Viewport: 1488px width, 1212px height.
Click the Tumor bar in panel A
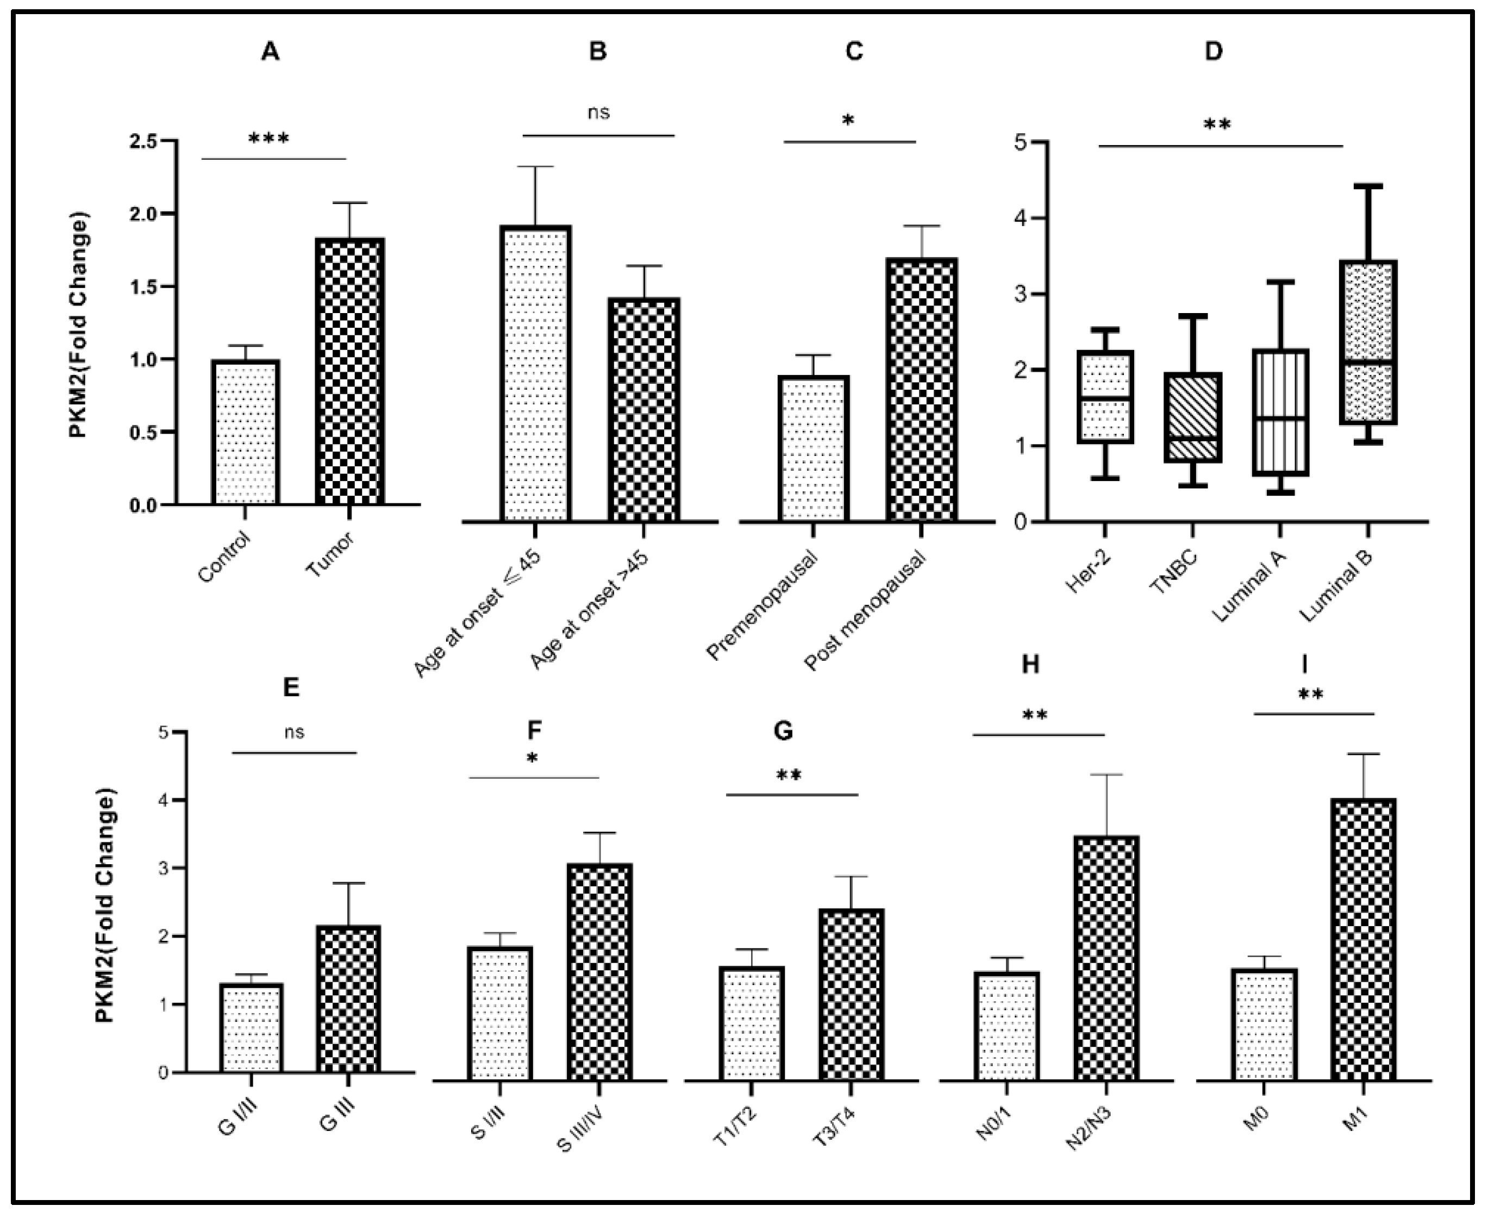coord(349,371)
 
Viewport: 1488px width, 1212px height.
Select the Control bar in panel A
coord(245,432)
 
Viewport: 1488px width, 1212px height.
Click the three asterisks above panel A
coord(268,138)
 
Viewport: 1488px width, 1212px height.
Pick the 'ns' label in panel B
coord(598,113)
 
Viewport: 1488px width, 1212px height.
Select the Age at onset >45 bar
coord(643,410)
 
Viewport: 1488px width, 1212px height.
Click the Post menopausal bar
coord(921,390)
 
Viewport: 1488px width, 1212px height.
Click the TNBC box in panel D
coord(1196,417)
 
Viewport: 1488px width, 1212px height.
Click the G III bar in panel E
coord(348,999)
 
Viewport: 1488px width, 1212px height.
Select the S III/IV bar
coord(598,972)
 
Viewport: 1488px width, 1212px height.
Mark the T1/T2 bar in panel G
coord(751,1023)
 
